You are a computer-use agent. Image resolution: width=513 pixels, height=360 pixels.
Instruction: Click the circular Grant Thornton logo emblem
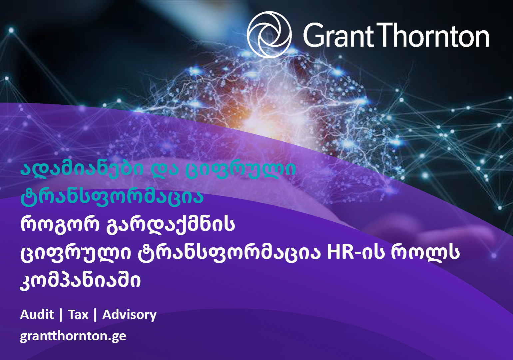269,35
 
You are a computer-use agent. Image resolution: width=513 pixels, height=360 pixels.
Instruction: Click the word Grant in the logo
339,35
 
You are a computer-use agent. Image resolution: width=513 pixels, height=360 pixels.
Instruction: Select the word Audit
37,314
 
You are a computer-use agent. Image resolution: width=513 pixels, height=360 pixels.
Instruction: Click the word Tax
78,314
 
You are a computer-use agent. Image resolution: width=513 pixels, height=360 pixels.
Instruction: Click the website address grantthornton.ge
73,336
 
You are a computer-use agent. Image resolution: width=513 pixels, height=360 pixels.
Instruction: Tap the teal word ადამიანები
82,168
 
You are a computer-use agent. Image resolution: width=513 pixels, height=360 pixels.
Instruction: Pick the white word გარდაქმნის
171,225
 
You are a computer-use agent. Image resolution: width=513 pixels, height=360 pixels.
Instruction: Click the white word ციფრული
76,253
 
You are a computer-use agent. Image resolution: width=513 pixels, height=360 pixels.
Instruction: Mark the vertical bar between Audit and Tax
61,315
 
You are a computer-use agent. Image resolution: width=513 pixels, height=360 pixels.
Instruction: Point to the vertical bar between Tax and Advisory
95,315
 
